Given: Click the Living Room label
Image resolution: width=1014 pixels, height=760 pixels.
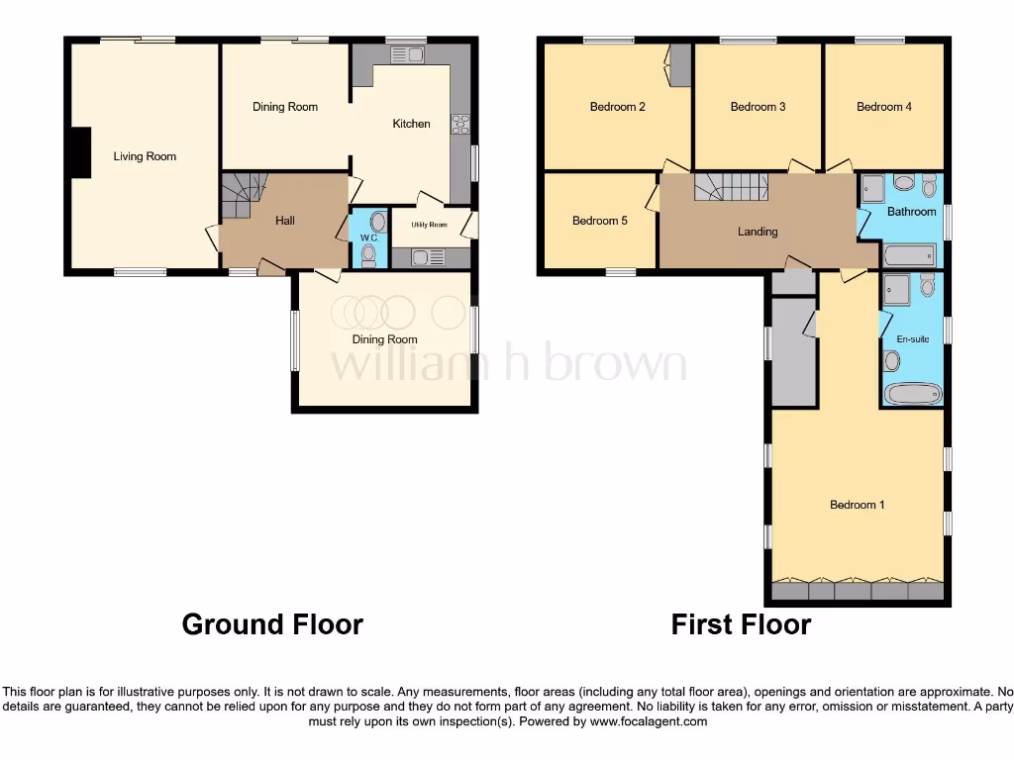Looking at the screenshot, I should tap(145, 156).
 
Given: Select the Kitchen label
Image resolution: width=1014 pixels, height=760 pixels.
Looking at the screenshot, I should tap(412, 124).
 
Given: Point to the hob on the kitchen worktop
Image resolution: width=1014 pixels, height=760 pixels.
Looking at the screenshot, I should tap(460, 124).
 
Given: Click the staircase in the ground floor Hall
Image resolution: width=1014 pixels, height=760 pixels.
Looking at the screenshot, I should tap(243, 192).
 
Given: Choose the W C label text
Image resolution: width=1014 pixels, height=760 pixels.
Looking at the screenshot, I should tap(368, 238).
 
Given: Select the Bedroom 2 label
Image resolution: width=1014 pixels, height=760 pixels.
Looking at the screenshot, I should tap(617, 107).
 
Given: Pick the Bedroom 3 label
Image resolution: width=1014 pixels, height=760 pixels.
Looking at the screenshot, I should tap(758, 107).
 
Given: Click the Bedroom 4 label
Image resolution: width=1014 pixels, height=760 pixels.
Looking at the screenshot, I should tap(884, 107).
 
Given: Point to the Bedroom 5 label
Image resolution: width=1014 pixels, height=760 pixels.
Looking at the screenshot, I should tap(599, 221).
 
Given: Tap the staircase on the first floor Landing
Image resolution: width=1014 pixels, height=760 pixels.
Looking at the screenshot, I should tap(732, 186).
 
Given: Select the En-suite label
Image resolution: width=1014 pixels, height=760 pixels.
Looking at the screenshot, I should tap(912, 339).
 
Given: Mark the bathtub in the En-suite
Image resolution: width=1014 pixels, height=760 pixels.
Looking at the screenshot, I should tap(912, 395).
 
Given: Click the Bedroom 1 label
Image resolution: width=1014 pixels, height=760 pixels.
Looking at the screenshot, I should tap(857, 505).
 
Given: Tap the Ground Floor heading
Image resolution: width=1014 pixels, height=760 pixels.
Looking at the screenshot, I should tap(272, 624).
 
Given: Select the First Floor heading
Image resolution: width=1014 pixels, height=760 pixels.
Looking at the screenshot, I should tap(741, 624).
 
